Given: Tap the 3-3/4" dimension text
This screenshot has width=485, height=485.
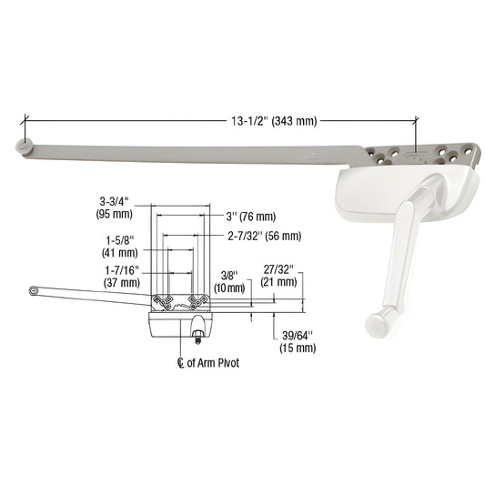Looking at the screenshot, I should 115,201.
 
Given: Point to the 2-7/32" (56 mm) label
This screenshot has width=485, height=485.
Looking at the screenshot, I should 264,236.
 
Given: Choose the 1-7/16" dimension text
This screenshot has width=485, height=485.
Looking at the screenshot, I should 116,269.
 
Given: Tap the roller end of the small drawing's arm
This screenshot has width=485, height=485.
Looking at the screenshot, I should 34,289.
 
